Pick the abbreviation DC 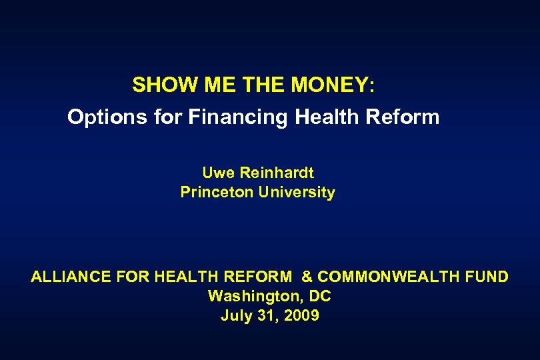coord(319,296)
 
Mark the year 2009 coord(301,315)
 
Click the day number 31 coord(267,315)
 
